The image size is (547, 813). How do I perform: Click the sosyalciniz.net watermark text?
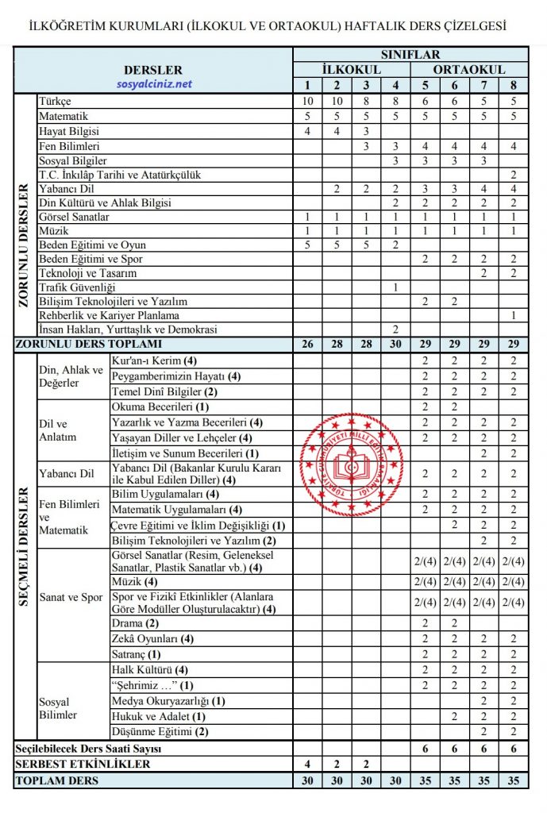[x=153, y=84]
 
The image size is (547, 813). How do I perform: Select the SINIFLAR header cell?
[x=410, y=56]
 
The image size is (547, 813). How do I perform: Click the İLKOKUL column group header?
[x=352, y=70]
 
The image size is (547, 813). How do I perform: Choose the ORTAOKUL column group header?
[x=469, y=70]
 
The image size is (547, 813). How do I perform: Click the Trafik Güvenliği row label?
[x=77, y=287]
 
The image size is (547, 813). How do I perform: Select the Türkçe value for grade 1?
[x=307, y=102]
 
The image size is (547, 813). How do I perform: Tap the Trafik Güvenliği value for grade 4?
[x=395, y=287]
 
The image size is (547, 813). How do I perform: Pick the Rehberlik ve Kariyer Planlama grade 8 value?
[x=514, y=315]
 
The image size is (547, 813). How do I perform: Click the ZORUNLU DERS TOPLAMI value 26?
[x=307, y=344]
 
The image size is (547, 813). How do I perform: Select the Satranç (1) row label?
[x=137, y=655]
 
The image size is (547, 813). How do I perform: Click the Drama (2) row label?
[x=137, y=624]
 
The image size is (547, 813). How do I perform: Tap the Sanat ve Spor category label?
[x=71, y=597]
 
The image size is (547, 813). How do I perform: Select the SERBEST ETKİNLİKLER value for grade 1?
[x=307, y=764]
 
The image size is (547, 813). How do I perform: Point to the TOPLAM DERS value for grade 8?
[x=514, y=780]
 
